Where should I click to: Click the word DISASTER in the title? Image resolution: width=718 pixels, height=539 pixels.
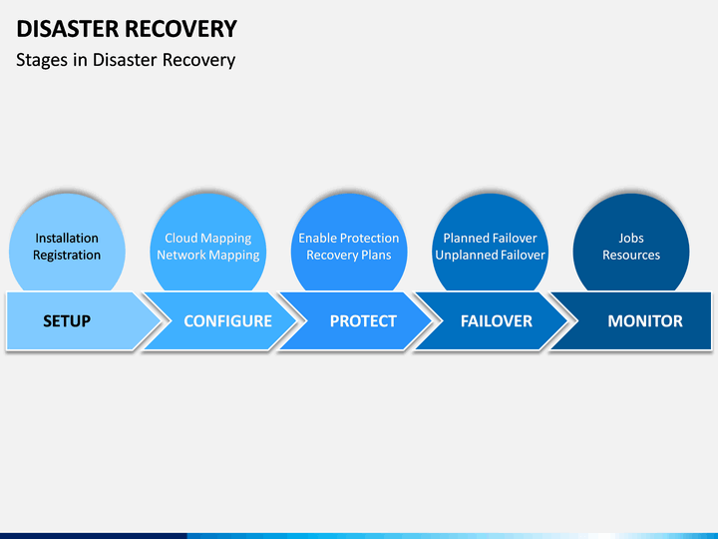tap(68, 29)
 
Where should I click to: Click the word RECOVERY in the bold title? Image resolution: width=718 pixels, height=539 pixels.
tap(180, 29)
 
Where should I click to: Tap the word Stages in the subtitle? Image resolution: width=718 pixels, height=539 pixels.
tap(42, 61)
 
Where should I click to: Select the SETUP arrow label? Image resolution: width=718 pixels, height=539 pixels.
tap(67, 320)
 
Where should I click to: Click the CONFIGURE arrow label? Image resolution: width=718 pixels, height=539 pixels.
tap(227, 320)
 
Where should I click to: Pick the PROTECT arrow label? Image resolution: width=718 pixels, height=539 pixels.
tap(363, 320)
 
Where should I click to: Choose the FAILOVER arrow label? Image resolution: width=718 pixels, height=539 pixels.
tap(497, 320)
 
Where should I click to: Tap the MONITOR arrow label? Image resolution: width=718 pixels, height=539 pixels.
tap(645, 320)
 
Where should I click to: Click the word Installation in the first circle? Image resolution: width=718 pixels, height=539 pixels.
tap(67, 238)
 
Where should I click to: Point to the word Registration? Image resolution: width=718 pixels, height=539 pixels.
tap(67, 256)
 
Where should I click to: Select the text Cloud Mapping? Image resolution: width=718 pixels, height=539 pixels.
tap(207, 239)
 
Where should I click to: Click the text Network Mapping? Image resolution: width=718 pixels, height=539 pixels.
tap(207, 256)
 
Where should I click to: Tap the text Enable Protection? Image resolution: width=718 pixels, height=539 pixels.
tap(349, 238)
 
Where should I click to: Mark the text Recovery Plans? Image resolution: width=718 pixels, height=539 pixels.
tap(349, 256)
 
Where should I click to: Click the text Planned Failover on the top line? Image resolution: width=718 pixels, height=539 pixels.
tap(490, 238)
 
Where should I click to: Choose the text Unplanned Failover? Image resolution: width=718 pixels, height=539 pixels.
tap(490, 256)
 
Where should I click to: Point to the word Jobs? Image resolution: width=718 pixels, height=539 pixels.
tap(631, 238)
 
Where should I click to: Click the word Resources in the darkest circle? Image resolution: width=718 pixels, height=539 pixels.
tap(631, 256)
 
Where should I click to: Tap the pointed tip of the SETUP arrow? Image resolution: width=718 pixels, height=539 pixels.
tap(163, 320)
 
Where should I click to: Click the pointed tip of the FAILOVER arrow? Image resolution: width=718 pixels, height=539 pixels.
tap(568, 320)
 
